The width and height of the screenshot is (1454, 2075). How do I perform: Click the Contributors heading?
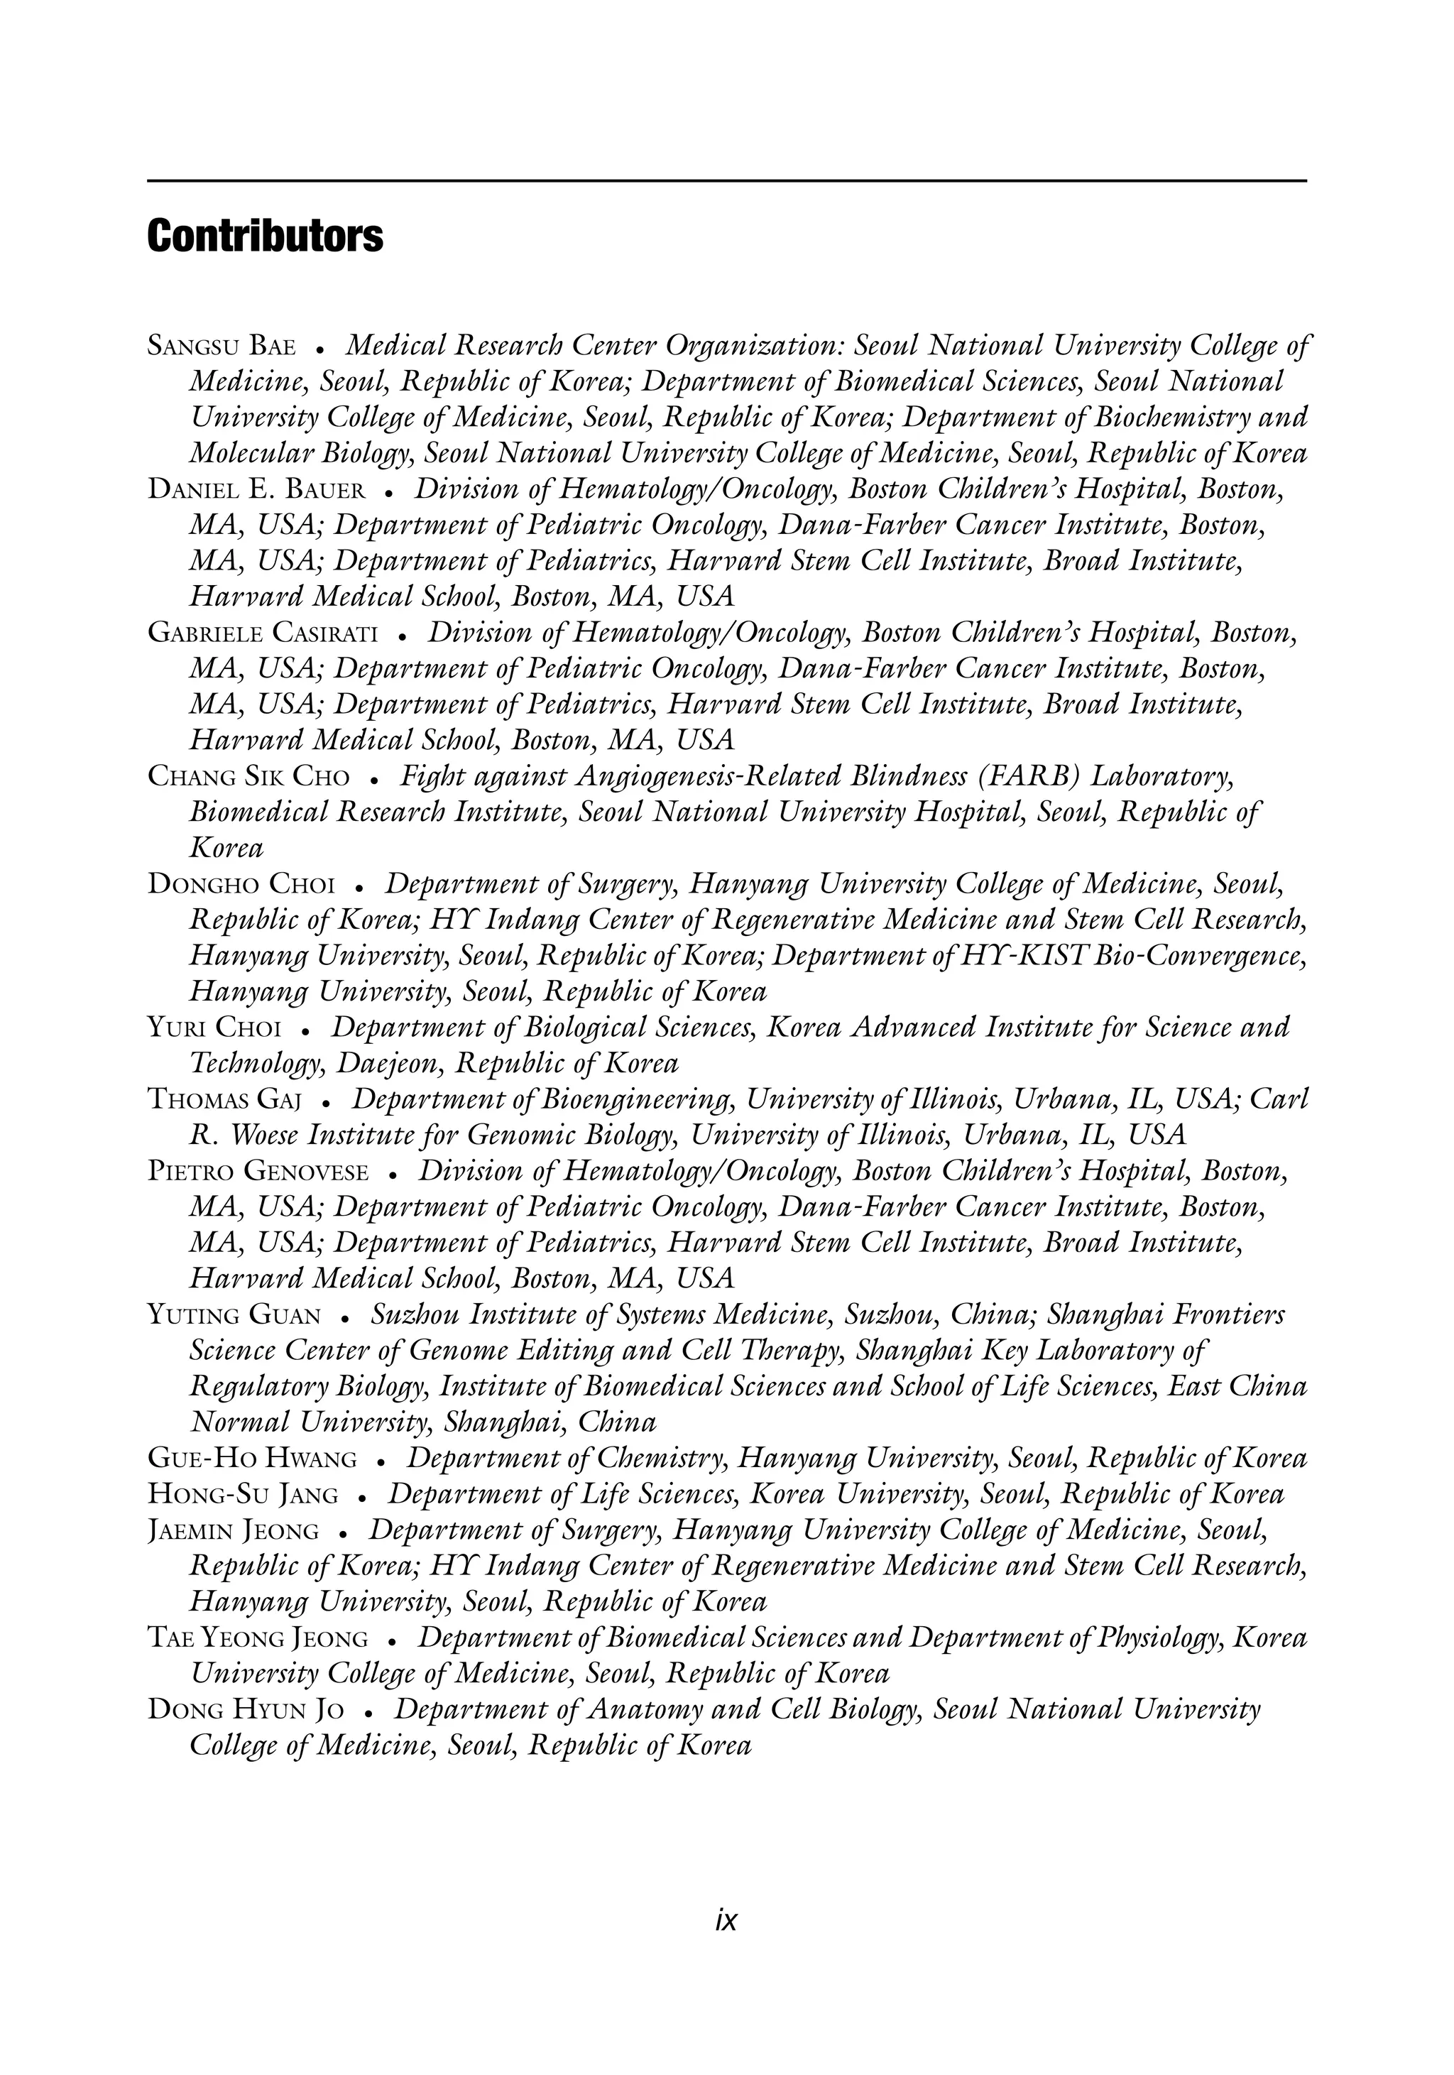pos(265,236)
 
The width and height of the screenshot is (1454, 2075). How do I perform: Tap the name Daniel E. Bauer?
pos(256,491)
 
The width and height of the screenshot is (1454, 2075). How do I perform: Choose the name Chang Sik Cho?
pos(248,777)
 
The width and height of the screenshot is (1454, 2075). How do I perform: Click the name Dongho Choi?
pos(241,885)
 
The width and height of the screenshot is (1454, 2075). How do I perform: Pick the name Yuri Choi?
pos(215,1028)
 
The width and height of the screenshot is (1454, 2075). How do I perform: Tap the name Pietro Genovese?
pos(258,1172)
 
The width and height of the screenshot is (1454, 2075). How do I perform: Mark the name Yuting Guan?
pos(234,1315)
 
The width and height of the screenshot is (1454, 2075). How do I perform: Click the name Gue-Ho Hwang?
pos(252,1459)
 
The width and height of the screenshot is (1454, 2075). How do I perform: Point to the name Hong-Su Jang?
pos(243,1495)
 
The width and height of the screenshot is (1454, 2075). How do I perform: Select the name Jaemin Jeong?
pos(233,1531)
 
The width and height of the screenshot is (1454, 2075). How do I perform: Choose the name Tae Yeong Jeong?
pos(258,1638)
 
